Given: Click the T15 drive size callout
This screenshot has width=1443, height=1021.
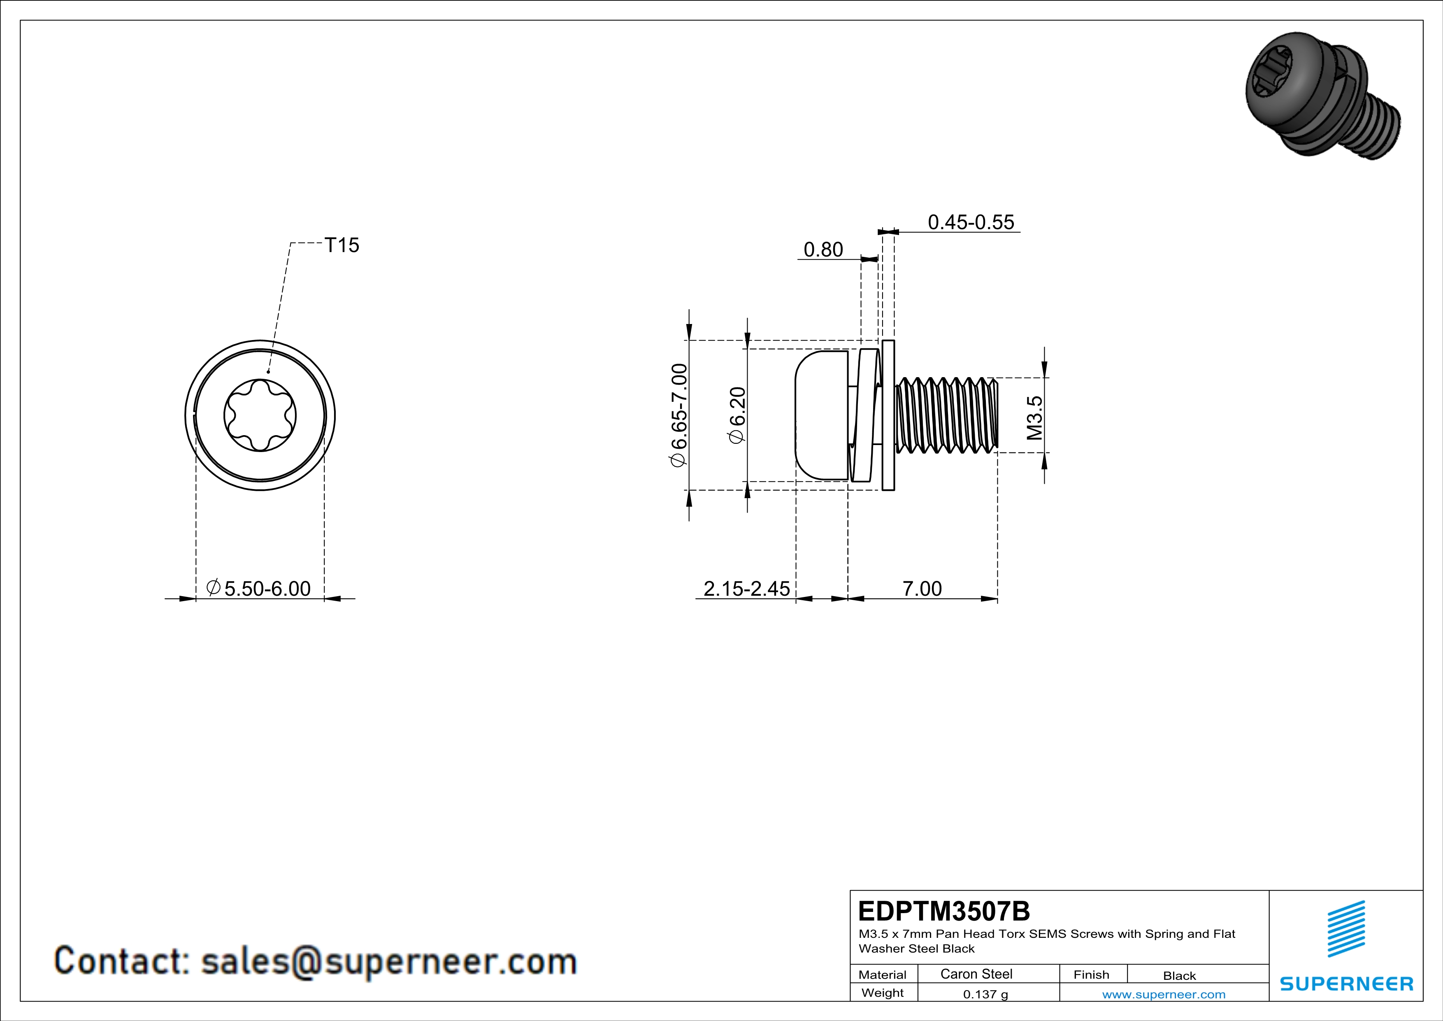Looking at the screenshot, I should [x=342, y=245].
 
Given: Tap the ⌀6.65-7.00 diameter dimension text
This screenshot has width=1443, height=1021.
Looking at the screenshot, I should [x=679, y=415].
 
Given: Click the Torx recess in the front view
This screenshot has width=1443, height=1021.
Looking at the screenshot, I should [x=260, y=415].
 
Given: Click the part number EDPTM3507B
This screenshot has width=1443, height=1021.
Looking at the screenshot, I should [x=943, y=911].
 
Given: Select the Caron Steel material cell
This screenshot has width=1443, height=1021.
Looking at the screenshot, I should [x=976, y=974].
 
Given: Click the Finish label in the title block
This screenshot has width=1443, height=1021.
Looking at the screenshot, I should [x=1091, y=974].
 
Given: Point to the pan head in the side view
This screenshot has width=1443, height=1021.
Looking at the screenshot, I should [x=821, y=415].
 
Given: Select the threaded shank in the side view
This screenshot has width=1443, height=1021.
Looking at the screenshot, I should [x=946, y=415].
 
